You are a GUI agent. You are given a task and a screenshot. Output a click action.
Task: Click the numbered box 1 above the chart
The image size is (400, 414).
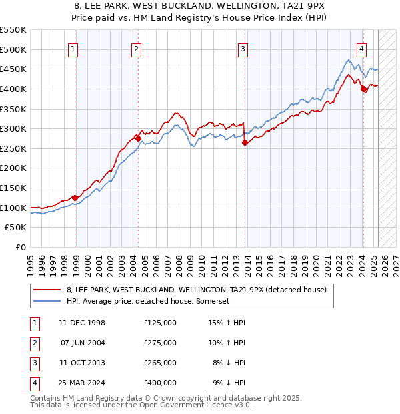(x=72, y=48)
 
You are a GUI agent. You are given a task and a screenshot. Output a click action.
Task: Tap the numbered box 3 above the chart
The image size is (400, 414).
(x=243, y=48)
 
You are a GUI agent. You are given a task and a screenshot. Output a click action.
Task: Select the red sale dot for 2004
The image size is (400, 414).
(x=138, y=139)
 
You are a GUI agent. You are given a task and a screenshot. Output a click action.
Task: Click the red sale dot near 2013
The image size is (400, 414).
(x=245, y=142)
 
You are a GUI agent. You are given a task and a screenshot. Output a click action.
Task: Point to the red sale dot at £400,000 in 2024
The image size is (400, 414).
(x=363, y=89)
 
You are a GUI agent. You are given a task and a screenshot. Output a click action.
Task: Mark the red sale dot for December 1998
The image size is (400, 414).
(x=75, y=198)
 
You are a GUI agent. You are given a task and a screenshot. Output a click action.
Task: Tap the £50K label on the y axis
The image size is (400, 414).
(x=16, y=228)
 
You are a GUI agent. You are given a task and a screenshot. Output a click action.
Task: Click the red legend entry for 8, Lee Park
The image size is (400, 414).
(x=196, y=290)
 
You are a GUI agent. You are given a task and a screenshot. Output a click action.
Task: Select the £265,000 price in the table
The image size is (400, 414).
(x=160, y=363)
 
